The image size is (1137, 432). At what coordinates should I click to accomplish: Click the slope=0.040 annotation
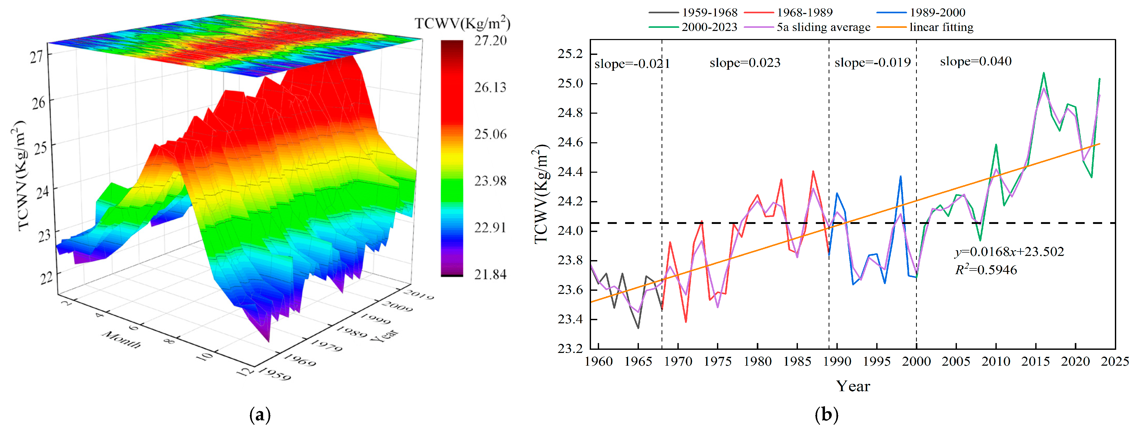click(975, 61)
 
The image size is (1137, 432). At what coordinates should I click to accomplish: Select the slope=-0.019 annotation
click(872, 63)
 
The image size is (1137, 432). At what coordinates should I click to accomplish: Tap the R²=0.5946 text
click(986, 270)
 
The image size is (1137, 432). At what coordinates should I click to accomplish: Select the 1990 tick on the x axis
click(837, 362)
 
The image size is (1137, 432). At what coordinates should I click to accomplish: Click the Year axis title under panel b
click(853, 386)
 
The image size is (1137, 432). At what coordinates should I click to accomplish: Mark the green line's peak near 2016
click(1043, 73)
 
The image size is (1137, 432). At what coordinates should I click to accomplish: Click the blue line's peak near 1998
click(900, 177)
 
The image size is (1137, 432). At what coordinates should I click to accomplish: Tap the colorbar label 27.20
click(490, 41)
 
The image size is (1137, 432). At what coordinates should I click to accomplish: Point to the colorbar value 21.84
click(490, 274)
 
